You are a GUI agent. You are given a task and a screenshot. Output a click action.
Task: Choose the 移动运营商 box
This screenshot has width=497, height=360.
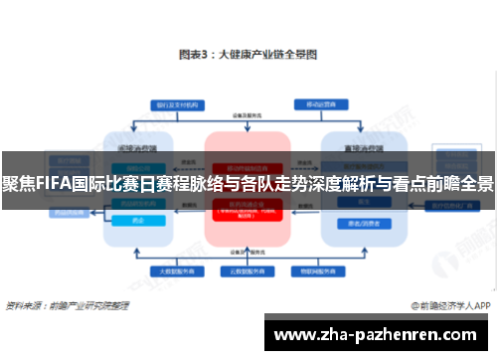[320, 103]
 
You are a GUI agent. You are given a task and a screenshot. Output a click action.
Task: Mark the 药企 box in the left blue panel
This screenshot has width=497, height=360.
[137, 223]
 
